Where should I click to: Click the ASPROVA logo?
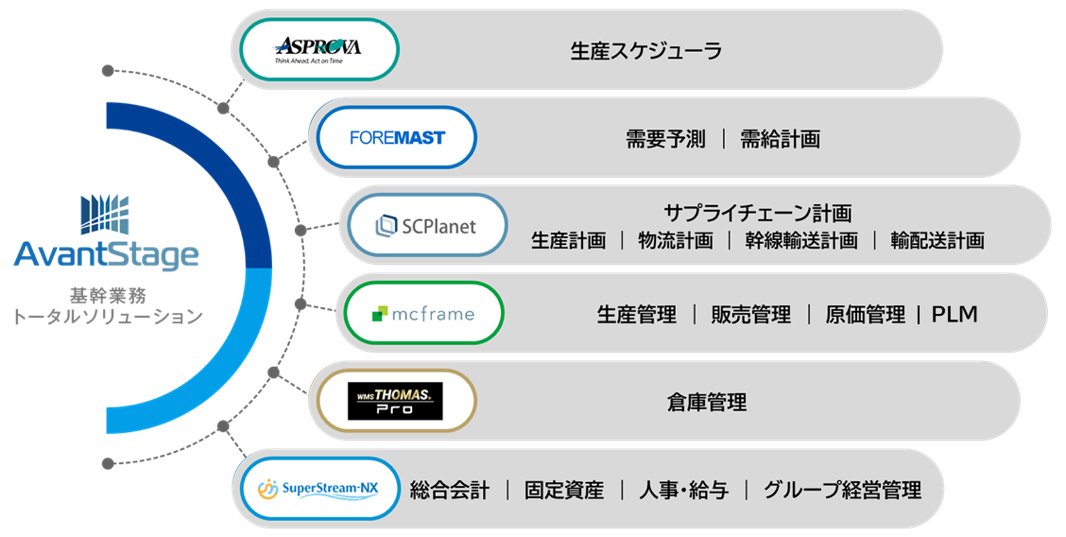pyautogui.click(x=318, y=50)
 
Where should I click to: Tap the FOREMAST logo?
pyautogui.click(x=397, y=138)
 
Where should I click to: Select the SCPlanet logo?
pyautogui.click(x=425, y=226)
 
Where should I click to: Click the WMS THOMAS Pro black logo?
pyautogui.click(x=395, y=401)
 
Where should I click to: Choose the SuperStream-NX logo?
pyautogui.click(x=318, y=489)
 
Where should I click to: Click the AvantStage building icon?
pyautogui.click(x=104, y=215)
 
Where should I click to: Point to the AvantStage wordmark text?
pyautogui.click(x=106, y=255)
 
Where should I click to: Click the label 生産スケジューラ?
pyautogui.click(x=645, y=51)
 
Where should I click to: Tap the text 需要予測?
pyautogui.click(x=665, y=139)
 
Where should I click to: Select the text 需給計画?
pyautogui.click(x=780, y=139)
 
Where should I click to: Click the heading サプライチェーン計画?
pyautogui.click(x=757, y=213)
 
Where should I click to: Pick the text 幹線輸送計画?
pyautogui.click(x=801, y=241)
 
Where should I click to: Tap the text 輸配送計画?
pyautogui.click(x=937, y=241)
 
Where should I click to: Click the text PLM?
pyautogui.click(x=954, y=314)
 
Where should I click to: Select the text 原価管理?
pyautogui.click(x=865, y=314)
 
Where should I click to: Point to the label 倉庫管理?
pyautogui.click(x=706, y=403)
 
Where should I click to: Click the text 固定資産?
pyautogui.click(x=564, y=490)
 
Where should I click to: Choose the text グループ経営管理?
pyautogui.click(x=842, y=490)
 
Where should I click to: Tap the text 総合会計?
pyautogui.click(x=449, y=490)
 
